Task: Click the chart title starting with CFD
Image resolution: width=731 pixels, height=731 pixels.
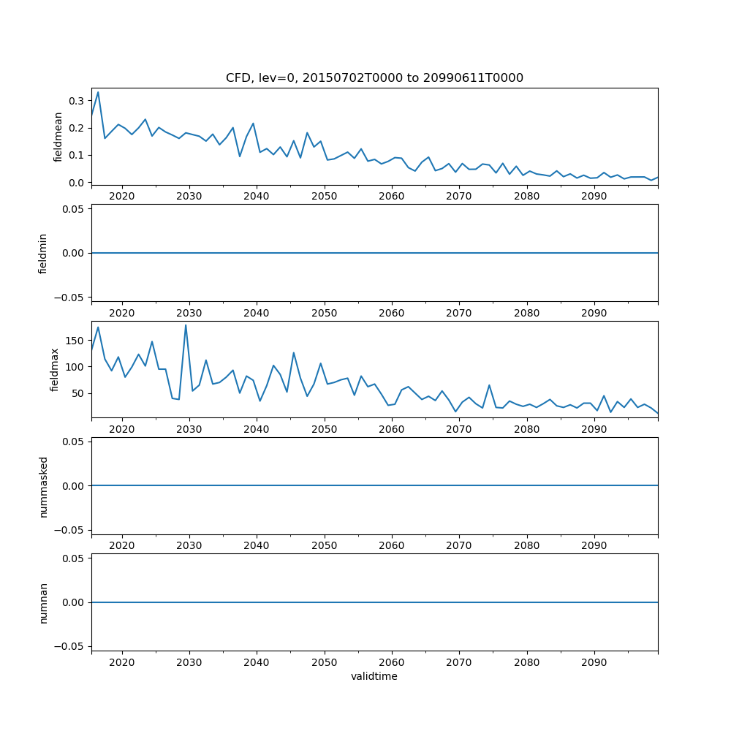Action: [374, 78]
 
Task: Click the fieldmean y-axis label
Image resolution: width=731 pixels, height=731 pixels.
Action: [58, 137]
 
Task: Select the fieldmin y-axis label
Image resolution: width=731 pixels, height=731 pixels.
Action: [43, 253]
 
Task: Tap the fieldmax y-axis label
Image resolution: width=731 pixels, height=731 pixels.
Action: [54, 369]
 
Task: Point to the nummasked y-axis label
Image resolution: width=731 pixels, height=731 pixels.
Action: [43, 486]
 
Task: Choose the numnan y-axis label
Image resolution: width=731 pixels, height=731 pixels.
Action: [43, 602]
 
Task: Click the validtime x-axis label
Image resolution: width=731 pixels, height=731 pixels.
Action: [374, 677]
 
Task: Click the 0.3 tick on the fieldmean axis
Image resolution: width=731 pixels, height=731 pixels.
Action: [76, 100]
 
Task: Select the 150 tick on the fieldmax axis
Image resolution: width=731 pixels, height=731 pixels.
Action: [73, 340]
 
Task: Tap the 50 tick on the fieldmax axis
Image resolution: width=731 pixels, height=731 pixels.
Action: [76, 393]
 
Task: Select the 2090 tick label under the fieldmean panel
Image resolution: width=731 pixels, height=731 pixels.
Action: [594, 197]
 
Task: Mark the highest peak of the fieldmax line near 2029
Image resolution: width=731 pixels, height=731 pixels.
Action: [186, 325]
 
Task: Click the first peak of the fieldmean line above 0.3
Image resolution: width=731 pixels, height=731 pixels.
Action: [98, 92]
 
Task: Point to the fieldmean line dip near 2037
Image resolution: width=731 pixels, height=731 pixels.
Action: [240, 156]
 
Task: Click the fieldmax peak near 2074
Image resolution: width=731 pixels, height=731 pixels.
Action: [489, 385]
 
